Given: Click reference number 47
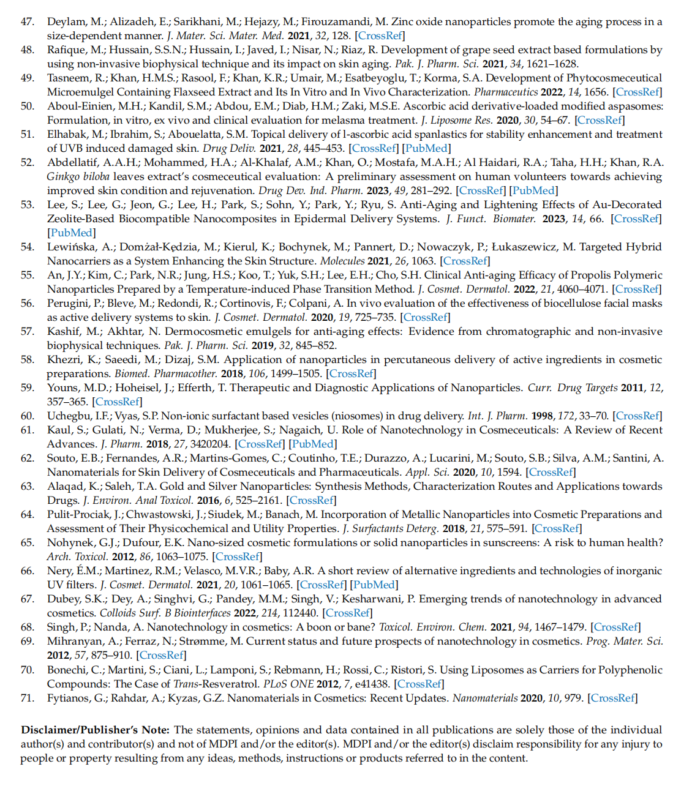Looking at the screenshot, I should [x=27, y=21].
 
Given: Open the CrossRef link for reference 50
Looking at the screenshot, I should [x=600, y=120].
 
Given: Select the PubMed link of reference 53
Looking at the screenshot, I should [x=72, y=233].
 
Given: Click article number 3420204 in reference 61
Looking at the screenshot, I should [x=209, y=444].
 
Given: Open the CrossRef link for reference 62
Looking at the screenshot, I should [x=551, y=472].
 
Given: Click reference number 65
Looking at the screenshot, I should [x=27, y=542].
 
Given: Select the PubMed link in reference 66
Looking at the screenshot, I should [x=374, y=585].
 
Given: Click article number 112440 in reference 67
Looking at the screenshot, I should [x=297, y=613].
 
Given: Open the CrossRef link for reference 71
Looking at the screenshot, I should [x=612, y=698].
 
